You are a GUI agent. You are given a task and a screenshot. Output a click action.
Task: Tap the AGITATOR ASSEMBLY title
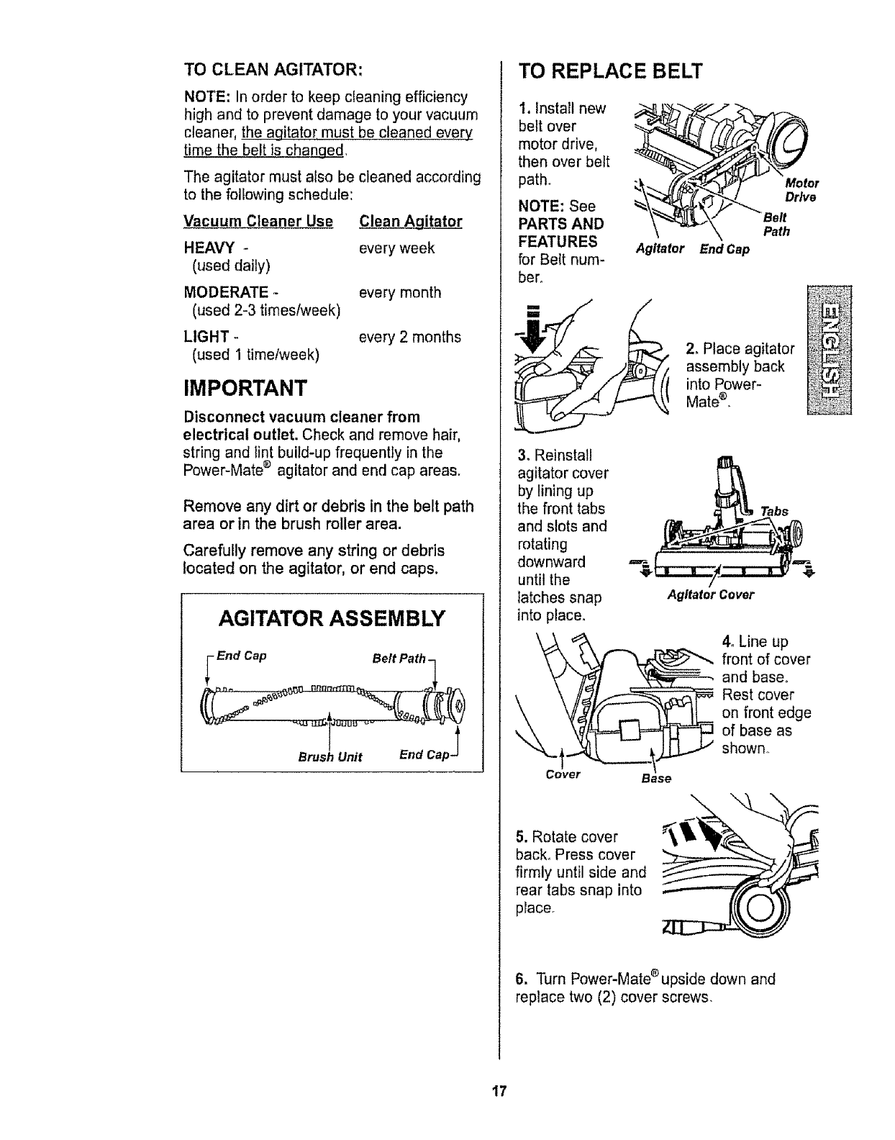coord(332,618)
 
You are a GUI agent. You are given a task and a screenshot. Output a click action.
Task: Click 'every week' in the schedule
coord(396,248)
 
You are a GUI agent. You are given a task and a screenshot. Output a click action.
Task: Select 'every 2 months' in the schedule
coord(409,337)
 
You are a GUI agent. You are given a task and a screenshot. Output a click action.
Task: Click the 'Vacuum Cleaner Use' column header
coord(258,221)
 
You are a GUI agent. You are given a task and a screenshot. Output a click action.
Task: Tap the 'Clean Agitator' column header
coord(410,221)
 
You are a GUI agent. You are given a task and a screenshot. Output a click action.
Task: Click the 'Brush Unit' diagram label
coord(330,756)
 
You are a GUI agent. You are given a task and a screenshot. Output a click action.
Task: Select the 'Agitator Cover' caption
coord(710,594)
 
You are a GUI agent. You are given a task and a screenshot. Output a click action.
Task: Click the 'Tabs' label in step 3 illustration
coord(773,511)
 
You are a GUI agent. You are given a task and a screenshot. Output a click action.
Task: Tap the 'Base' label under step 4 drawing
coord(656,779)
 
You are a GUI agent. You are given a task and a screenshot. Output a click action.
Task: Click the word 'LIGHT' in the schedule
coord(206,337)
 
